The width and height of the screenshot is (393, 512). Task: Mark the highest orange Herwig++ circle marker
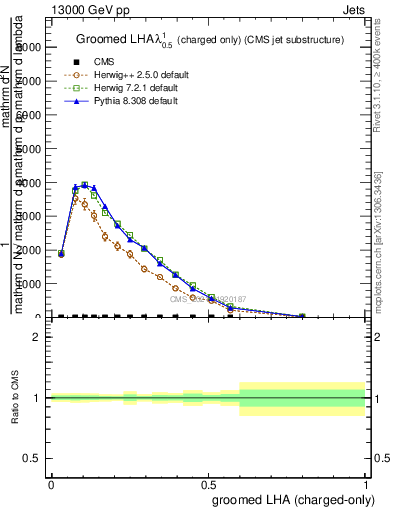click(x=75, y=199)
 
